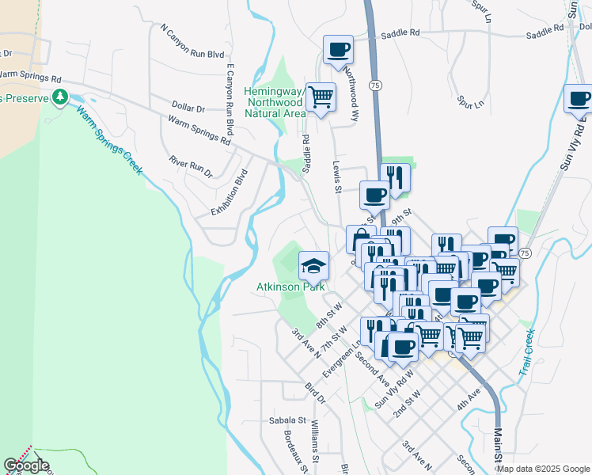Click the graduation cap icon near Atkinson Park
tap(313, 264)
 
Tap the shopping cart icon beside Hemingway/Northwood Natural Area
tap(321, 98)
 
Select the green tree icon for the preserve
tap(59, 97)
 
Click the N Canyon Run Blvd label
tap(192, 43)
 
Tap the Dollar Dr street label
tap(188, 107)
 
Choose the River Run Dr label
tap(191, 165)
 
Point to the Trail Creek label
tap(528, 357)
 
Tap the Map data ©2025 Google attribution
tap(543, 469)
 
